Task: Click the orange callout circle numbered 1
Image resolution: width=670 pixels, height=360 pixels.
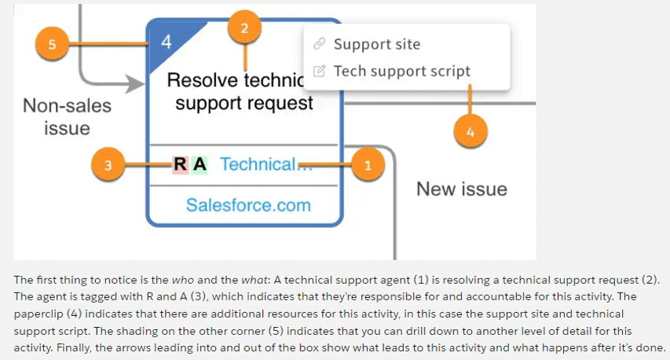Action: (368, 164)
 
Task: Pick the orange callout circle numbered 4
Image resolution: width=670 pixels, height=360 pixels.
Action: (470, 133)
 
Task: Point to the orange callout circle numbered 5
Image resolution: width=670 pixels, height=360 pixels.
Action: (52, 43)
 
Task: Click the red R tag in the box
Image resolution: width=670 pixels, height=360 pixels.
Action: (180, 164)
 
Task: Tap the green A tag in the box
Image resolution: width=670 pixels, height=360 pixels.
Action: (200, 164)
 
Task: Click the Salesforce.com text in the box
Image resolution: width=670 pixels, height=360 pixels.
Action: (248, 205)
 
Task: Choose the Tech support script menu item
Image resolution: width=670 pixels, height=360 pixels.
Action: (402, 71)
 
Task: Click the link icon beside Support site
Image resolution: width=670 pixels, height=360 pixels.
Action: (319, 44)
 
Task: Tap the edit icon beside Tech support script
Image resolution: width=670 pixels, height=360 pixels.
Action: (319, 71)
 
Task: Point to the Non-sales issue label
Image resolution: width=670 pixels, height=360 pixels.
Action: (67, 116)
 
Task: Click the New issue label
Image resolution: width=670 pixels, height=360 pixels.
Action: (461, 189)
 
